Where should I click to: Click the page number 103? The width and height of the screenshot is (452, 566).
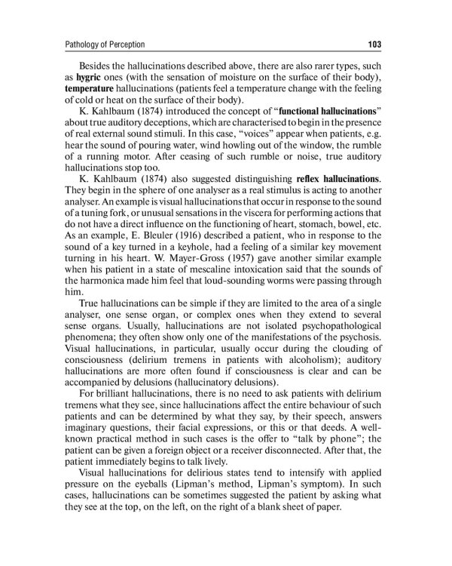pos(374,45)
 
